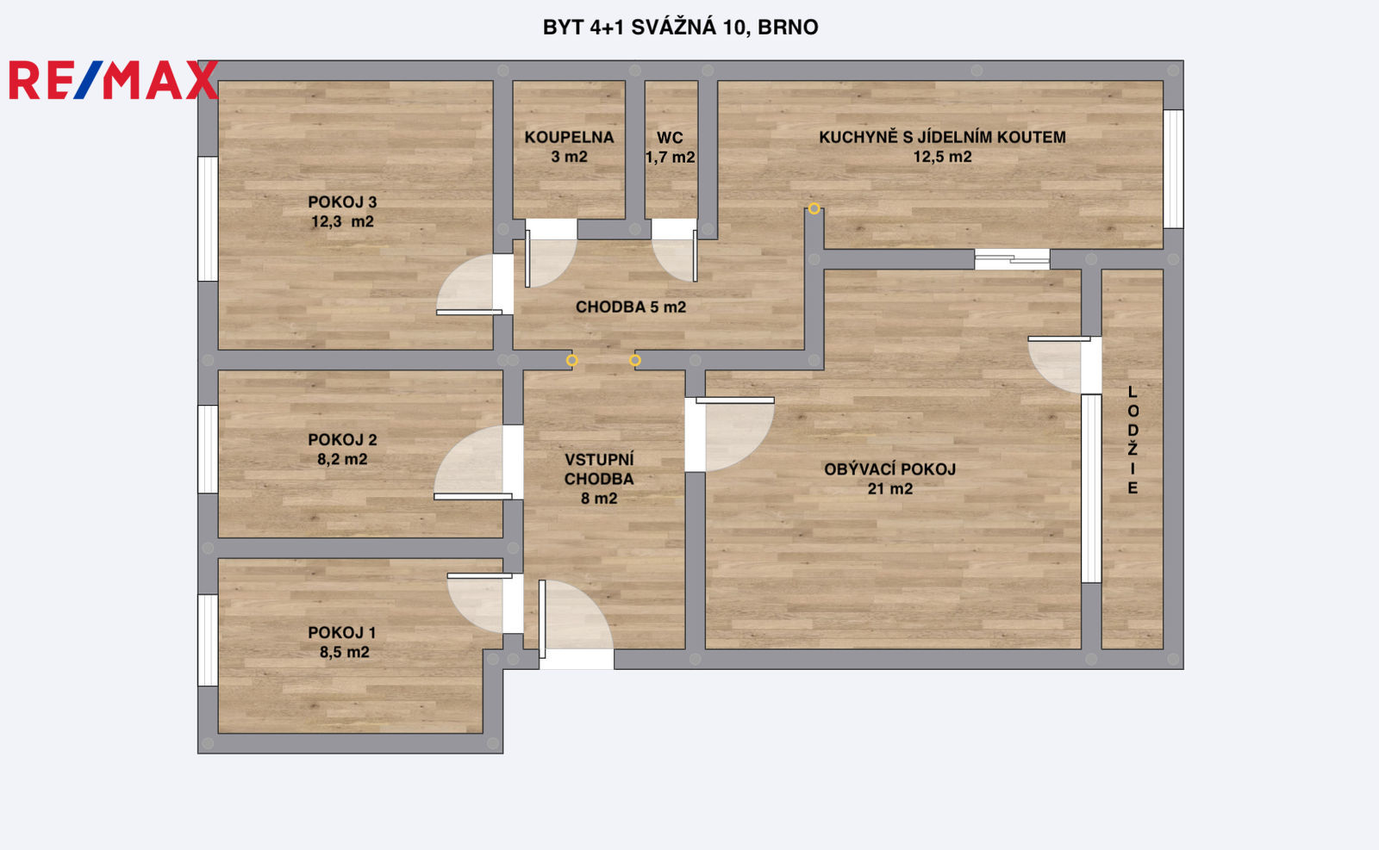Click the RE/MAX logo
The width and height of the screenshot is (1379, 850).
[x=114, y=80]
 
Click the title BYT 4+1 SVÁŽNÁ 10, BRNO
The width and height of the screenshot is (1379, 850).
[x=680, y=28]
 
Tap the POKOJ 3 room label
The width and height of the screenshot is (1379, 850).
[x=342, y=202]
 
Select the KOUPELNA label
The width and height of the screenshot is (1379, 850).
[x=569, y=137]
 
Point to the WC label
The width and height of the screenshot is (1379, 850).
[x=670, y=138]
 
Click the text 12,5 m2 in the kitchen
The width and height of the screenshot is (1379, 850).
[x=942, y=157]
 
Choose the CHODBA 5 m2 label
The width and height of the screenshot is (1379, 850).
[x=630, y=307]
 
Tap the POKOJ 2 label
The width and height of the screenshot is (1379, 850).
[x=342, y=440]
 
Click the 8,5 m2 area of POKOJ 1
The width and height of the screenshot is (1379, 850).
[x=344, y=652]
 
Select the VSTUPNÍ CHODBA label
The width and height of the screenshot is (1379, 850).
[x=599, y=469]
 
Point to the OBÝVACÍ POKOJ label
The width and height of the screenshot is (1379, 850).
[x=889, y=469]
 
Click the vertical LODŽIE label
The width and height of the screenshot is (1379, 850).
[x=1133, y=440]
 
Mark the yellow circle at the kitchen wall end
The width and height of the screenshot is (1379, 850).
[x=814, y=208]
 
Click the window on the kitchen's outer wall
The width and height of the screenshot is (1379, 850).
[x=1173, y=169]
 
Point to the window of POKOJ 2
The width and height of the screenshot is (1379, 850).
[x=208, y=449]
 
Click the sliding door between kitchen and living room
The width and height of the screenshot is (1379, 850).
[x=1012, y=259]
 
